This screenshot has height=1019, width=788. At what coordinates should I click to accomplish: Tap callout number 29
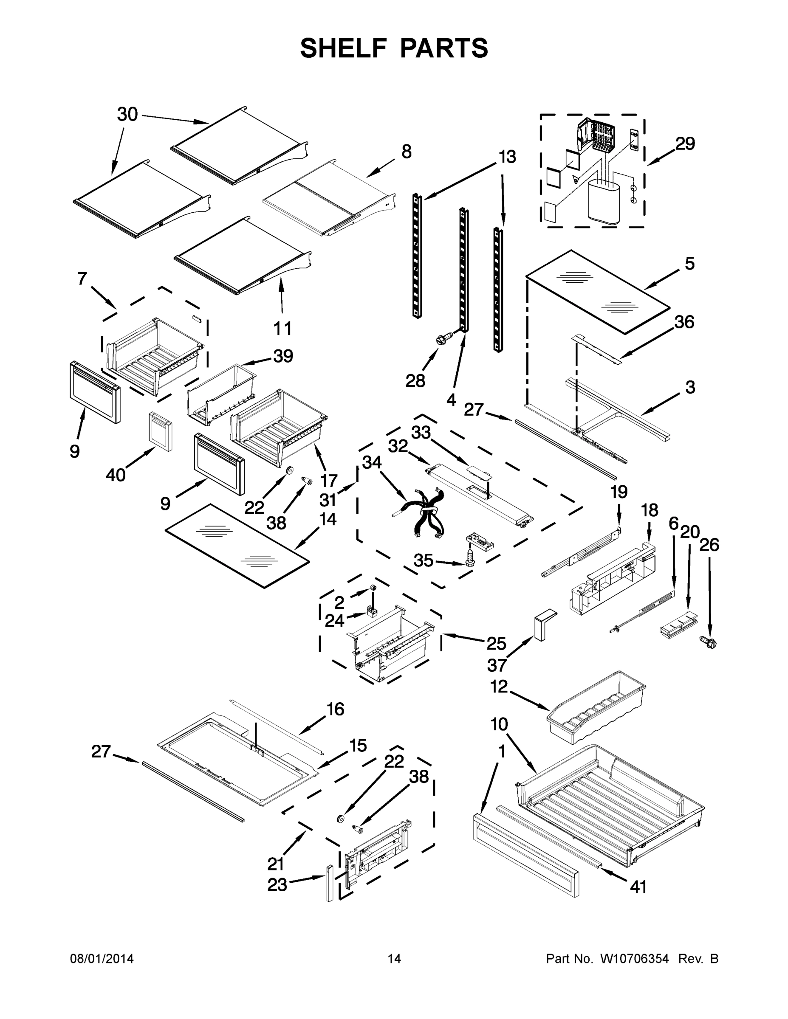(x=685, y=143)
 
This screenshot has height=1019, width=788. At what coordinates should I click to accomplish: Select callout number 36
(x=684, y=322)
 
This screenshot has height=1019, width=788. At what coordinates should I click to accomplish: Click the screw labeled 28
(x=443, y=339)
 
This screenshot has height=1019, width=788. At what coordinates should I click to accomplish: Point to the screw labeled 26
(x=709, y=642)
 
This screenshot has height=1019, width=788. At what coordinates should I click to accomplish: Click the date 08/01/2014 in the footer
(x=102, y=958)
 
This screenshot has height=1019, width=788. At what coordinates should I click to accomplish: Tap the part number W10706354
(x=634, y=958)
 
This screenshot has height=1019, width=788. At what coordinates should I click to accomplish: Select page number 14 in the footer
(x=394, y=958)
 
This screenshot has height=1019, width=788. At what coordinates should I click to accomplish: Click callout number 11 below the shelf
(x=282, y=328)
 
